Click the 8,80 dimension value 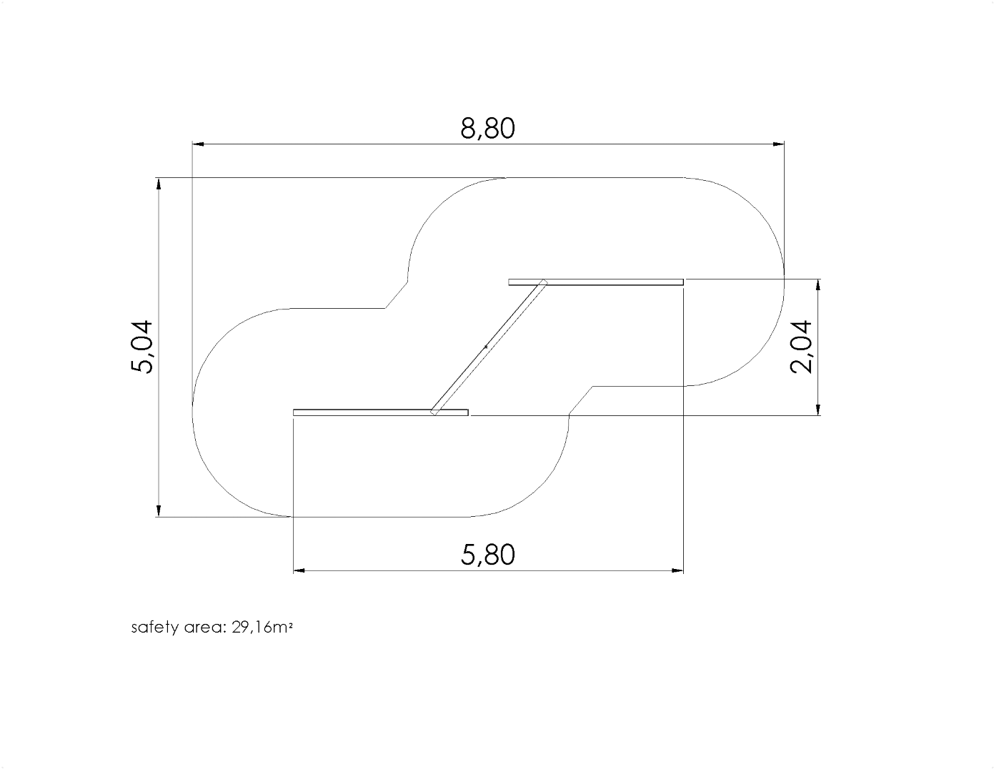487,128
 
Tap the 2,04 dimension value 801,347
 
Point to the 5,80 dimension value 487,555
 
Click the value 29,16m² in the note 262,628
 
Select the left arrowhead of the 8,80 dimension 198,144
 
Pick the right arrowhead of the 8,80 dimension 778,144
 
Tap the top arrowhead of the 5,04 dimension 159,184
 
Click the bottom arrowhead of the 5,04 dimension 159,511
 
